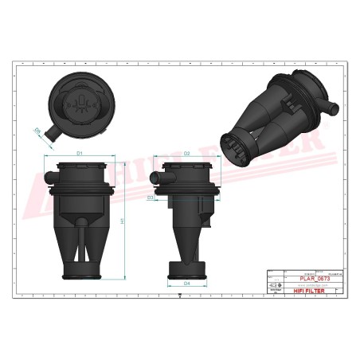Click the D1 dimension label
tap(80, 152)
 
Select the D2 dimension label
tap(186, 152)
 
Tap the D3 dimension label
tap(151, 197)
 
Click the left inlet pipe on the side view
tap(168, 170)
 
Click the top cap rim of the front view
tap(80, 164)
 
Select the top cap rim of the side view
tap(188, 164)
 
